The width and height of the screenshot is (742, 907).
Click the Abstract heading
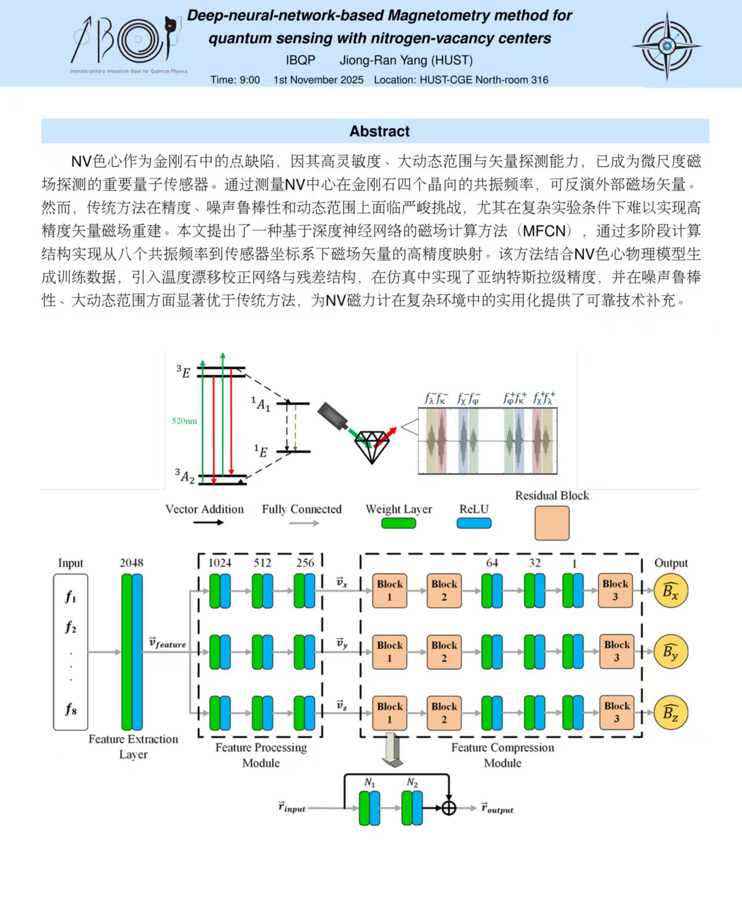coord(379,131)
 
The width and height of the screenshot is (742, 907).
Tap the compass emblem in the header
coord(667,46)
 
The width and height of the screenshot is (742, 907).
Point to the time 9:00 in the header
coord(250,80)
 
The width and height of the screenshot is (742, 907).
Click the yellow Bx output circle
coord(671,591)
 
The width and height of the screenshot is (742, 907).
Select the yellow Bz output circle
coord(671,713)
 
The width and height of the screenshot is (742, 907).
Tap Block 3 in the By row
coord(616,651)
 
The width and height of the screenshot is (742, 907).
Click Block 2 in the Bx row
coord(444,590)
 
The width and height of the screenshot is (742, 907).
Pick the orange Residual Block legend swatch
coord(552,523)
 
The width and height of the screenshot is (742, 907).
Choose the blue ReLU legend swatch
coord(473,523)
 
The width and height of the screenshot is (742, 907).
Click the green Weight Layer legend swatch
coord(399,523)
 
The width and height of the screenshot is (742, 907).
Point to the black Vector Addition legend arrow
coord(208,523)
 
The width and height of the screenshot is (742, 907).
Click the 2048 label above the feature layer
coord(132,563)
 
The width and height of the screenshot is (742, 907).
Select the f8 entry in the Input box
coord(71,708)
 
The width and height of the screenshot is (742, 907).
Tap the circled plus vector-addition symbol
coord(448,808)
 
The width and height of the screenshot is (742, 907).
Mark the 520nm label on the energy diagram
coord(184,420)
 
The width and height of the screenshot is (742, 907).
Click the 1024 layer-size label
coord(220,563)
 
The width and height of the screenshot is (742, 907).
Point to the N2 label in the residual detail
coord(412,782)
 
